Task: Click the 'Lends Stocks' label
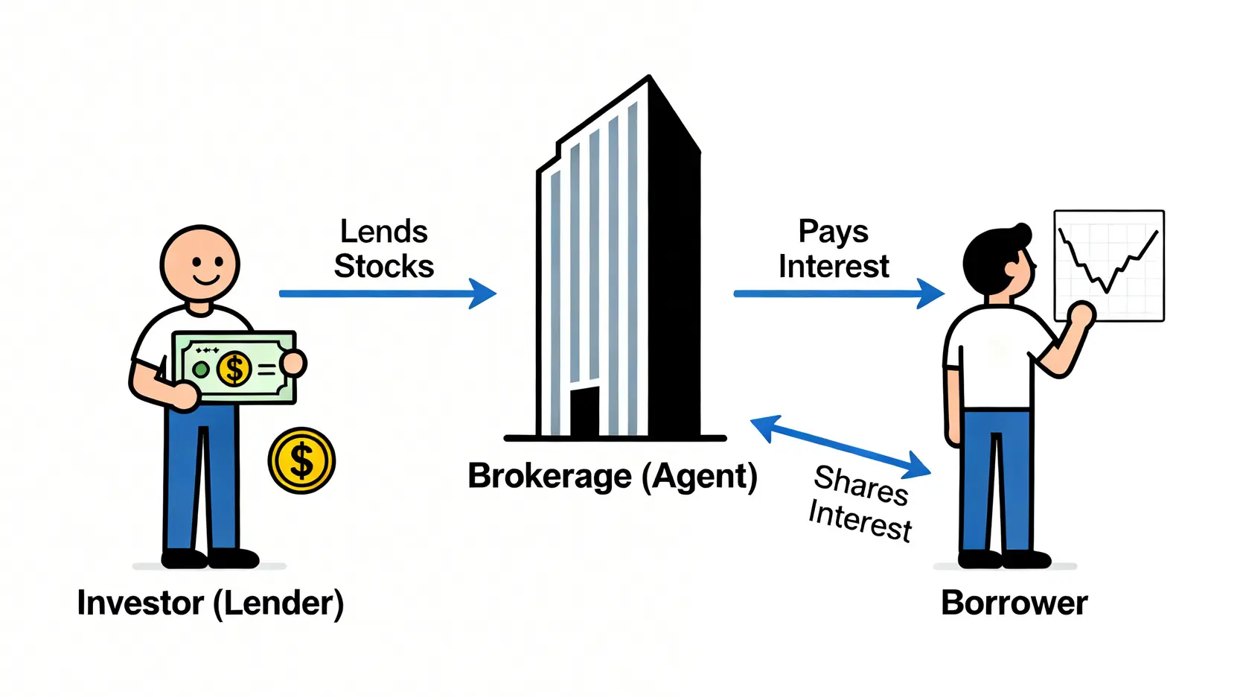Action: coord(384,249)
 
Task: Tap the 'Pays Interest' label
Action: coord(834,249)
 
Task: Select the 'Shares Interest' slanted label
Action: coord(860,503)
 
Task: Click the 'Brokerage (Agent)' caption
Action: coord(612,477)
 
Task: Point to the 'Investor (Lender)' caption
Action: coord(211,603)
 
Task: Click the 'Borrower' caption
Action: coord(1014,603)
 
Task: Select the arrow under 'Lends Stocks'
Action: coord(387,294)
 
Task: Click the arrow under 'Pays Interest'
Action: coord(838,294)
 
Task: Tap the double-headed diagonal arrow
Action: coord(840,446)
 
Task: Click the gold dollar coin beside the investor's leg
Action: coord(301,460)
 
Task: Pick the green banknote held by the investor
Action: coord(234,368)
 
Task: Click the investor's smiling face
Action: coord(199,264)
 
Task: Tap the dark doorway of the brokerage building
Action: coord(584,411)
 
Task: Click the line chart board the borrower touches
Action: coord(1109,265)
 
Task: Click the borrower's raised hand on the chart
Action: coord(1081,315)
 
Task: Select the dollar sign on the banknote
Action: coord(234,369)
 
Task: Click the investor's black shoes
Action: coord(210,558)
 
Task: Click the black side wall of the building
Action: coord(674,283)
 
